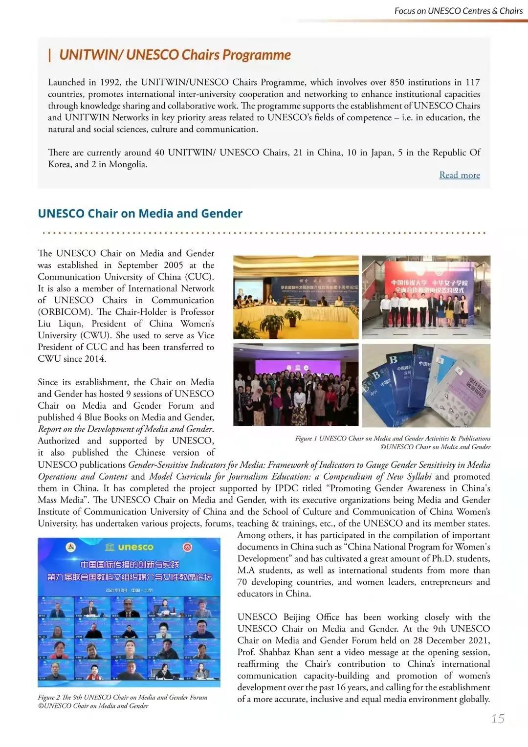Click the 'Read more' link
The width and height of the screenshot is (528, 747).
click(x=459, y=175)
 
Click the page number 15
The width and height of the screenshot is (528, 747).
click(x=498, y=719)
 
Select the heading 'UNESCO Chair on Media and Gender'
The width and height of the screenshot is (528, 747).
click(x=140, y=214)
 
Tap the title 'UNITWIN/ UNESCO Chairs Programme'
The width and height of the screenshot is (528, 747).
click(x=175, y=55)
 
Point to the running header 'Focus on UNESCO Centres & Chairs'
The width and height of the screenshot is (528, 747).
click(x=458, y=11)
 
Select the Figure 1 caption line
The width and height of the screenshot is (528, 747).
click(x=392, y=439)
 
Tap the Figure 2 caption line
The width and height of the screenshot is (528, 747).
click(x=123, y=697)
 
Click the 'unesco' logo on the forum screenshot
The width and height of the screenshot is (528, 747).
click(x=130, y=547)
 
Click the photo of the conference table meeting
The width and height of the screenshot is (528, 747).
click(x=296, y=297)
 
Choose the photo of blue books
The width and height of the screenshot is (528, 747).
click(x=426, y=385)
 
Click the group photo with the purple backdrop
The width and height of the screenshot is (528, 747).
click(x=296, y=385)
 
